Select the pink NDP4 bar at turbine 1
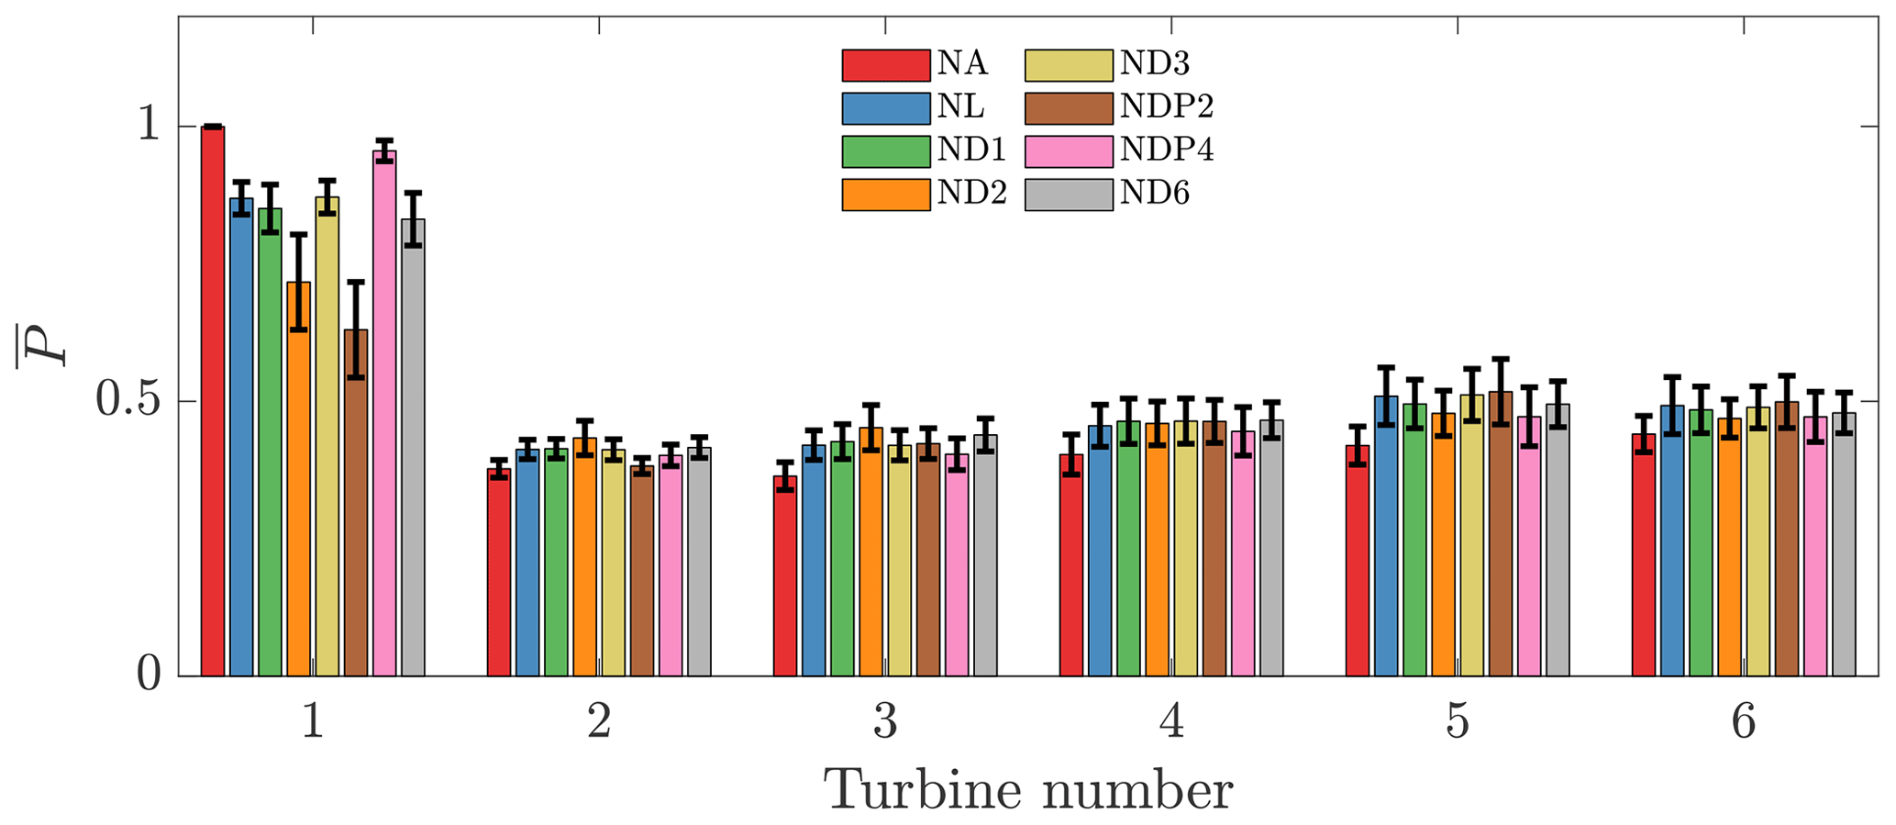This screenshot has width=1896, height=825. pyautogui.click(x=384, y=413)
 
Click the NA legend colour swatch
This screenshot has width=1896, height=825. pyautogui.click(x=885, y=65)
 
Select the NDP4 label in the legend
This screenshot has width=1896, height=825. pyautogui.click(x=1167, y=151)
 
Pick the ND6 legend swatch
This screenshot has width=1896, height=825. pyautogui.click(x=1069, y=195)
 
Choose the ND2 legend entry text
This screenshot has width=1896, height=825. pyautogui.click(x=971, y=195)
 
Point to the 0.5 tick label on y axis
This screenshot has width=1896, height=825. pyautogui.click(x=128, y=401)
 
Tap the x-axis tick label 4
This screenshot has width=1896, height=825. pyautogui.click(x=1171, y=723)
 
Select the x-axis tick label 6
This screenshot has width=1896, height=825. pyautogui.click(x=1743, y=723)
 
